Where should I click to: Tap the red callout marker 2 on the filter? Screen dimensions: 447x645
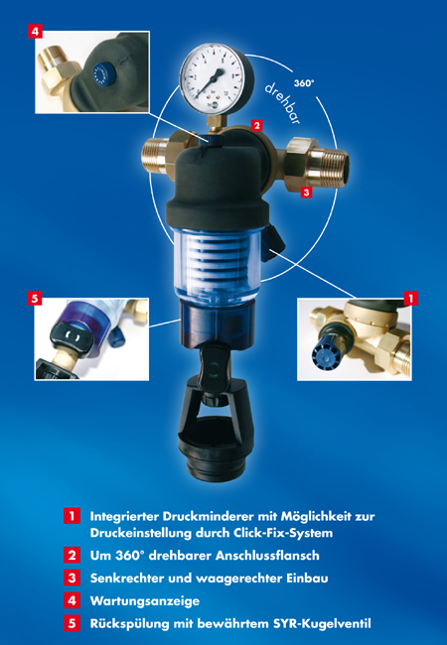[x=257, y=125]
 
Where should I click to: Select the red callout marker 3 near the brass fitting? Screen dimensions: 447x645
[x=306, y=192]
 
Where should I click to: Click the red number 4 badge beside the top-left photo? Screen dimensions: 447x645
[x=36, y=32]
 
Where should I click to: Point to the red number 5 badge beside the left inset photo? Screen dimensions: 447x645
[x=35, y=299]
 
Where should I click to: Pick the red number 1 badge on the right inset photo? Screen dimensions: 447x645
[x=411, y=299]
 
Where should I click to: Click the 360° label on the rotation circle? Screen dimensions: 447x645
[x=304, y=83]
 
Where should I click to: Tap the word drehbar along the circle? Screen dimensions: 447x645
[x=282, y=103]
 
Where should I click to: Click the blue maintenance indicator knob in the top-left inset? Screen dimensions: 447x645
[x=100, y=74]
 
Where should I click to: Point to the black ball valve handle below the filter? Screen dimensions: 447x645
[x=213, y=367]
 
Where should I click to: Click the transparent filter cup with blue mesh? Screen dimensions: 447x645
[x=217, y=262]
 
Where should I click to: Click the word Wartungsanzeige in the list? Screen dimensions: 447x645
[x=145, y=601]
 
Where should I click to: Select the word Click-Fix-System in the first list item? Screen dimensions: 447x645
[x=283, y=533]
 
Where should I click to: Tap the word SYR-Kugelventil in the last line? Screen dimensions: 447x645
[x=322, y=623]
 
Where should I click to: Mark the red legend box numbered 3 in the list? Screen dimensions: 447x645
[x=73, y=578]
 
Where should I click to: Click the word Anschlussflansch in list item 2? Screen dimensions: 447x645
[x=267, y=556]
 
